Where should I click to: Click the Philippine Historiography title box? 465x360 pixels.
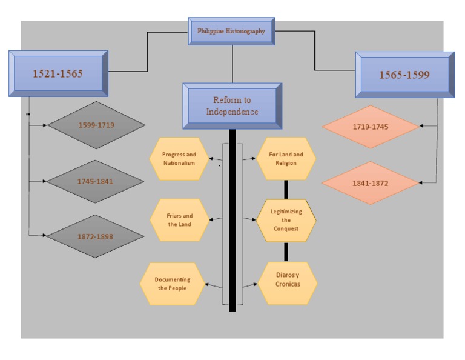click(x=231, y=31)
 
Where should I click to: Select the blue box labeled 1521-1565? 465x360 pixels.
click(x=58, y=73)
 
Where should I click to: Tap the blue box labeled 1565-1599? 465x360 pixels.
click(x=404, y=75)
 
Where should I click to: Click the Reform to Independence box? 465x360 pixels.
click(x=232, y=105)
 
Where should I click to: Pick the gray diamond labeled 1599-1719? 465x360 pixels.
click(x=96, y=125)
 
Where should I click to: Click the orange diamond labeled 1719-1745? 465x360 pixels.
click(x=371, y=127)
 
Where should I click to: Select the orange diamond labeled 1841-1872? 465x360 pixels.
click(x=371, y=182)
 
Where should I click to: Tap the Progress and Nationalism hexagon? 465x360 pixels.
click(x=179, y=159)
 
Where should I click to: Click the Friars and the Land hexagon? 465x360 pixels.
click(x=179, y=220)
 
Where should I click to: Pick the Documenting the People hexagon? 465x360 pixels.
click(x=172, y=284)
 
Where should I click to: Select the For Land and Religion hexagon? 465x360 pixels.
click(x=286, y=159)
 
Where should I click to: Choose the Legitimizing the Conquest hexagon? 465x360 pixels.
click(x=286, y=220)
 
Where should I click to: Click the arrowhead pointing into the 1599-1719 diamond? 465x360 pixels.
click(x=45, y=125)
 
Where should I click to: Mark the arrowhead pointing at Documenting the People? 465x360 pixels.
click(x=208, y=284)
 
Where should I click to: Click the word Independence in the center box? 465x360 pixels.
click(x=232, y=112)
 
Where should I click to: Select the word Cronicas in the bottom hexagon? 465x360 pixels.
click(x=288, y=284)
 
